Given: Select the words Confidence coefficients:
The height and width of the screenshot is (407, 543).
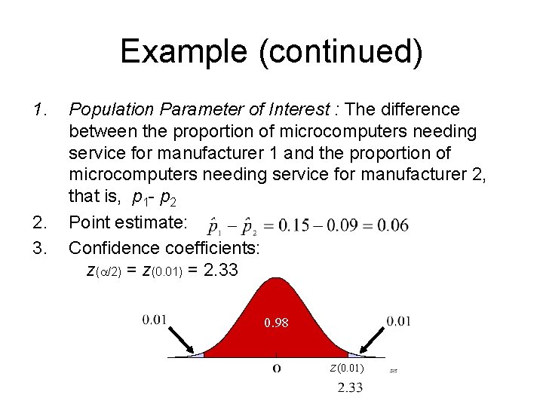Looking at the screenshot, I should tap(164, 247).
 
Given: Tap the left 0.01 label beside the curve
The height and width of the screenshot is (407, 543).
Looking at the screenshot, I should tap(154, 320).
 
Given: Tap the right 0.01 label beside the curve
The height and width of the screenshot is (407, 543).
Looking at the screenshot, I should tap(398, 321).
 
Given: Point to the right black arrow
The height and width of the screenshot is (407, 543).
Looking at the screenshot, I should tap(373, 339).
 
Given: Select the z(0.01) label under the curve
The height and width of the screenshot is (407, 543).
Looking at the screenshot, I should tap(346, 368).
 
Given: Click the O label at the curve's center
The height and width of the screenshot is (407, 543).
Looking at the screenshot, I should tap(277, 369).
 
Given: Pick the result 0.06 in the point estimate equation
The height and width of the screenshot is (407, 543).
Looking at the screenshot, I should tap(394, 225).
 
